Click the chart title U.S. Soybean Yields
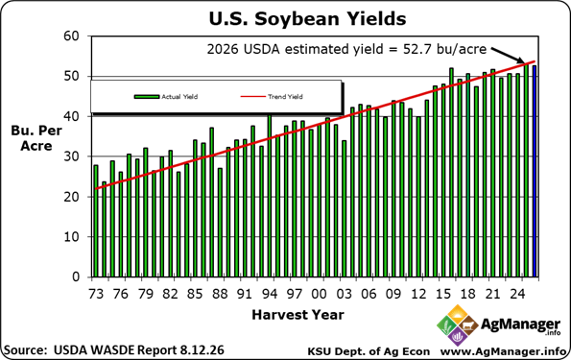(x=307, y=18)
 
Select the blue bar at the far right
(x=535, y=171)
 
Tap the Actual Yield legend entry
(x=166, y=97)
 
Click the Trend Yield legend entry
(x=272, y=97)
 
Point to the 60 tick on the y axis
(x=71, y=36)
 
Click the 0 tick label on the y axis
(x=76, y=276)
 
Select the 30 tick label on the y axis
(x=71, y=156)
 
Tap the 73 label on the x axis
(x=96, y=294)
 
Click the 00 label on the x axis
(x=320, y=294)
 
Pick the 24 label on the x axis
(x=517, y=294)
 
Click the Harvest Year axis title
(x=297, y=315)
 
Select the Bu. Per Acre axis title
(x=36, y=138)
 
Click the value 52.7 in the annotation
(x=416, y=49)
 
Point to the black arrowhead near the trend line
(x=520, y=60)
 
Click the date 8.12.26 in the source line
(x=202, y=350)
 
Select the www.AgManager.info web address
(x=504, y=351)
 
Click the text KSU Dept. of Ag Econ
(x=369, y=351)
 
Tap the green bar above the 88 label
(x=220, y=223)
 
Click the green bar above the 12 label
(x=418, y=197)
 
